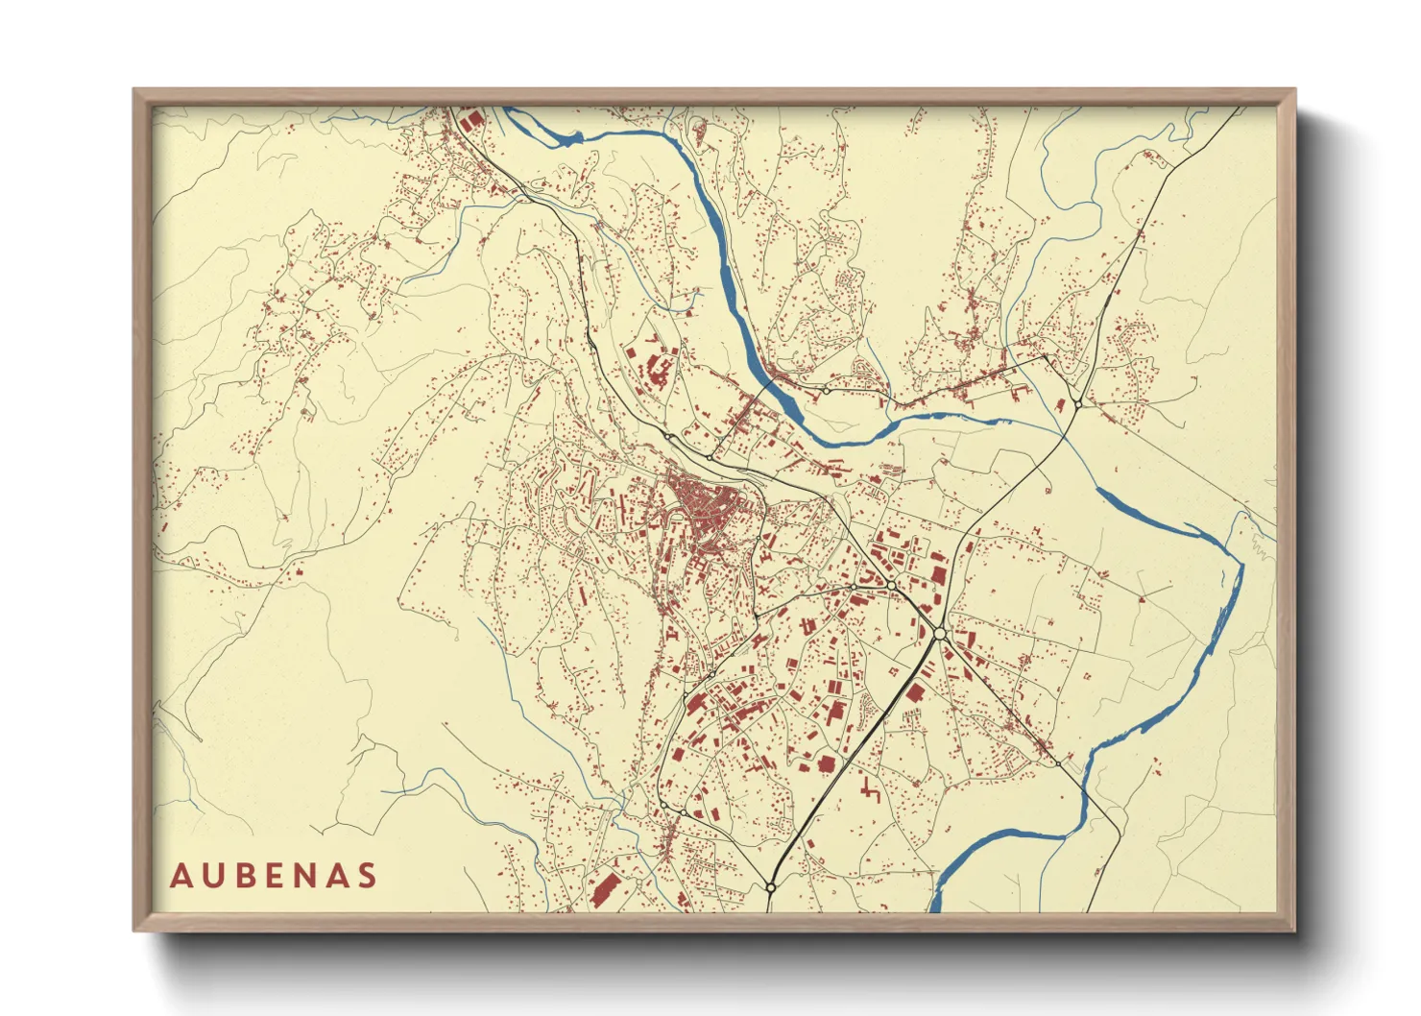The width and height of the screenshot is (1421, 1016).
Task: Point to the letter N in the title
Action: tap(311, 876)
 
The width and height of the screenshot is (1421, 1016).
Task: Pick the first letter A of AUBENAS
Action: tap(181, 876)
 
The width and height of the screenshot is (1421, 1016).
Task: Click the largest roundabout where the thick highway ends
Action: tap(939, 633)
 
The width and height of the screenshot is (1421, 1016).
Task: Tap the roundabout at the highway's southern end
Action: tap(770, 888)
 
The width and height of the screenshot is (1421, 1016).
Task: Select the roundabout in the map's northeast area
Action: tap(1077, 404)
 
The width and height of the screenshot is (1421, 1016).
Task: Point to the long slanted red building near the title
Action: tap(604, 890)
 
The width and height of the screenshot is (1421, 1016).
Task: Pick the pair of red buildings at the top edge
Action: tap(470, 120)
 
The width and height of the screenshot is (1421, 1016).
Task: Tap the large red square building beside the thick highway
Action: tap(914, 690)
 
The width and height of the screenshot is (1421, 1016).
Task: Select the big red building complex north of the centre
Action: tap(657, 369)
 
